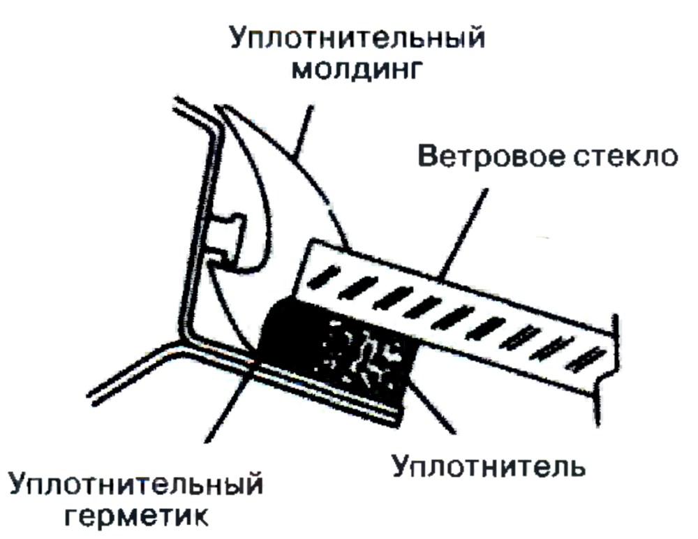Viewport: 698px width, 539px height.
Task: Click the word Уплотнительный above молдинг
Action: pos(357,38)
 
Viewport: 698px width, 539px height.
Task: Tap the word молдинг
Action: pos(356,70)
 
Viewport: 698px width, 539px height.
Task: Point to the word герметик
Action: pos(136,516)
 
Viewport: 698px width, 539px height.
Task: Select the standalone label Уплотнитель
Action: pos(489,466)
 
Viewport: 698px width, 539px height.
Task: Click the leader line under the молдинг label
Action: pos(302,132)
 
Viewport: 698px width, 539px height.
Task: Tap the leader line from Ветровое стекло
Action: pos(463,234)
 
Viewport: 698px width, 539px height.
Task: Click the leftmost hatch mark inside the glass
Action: pos(324,277)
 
